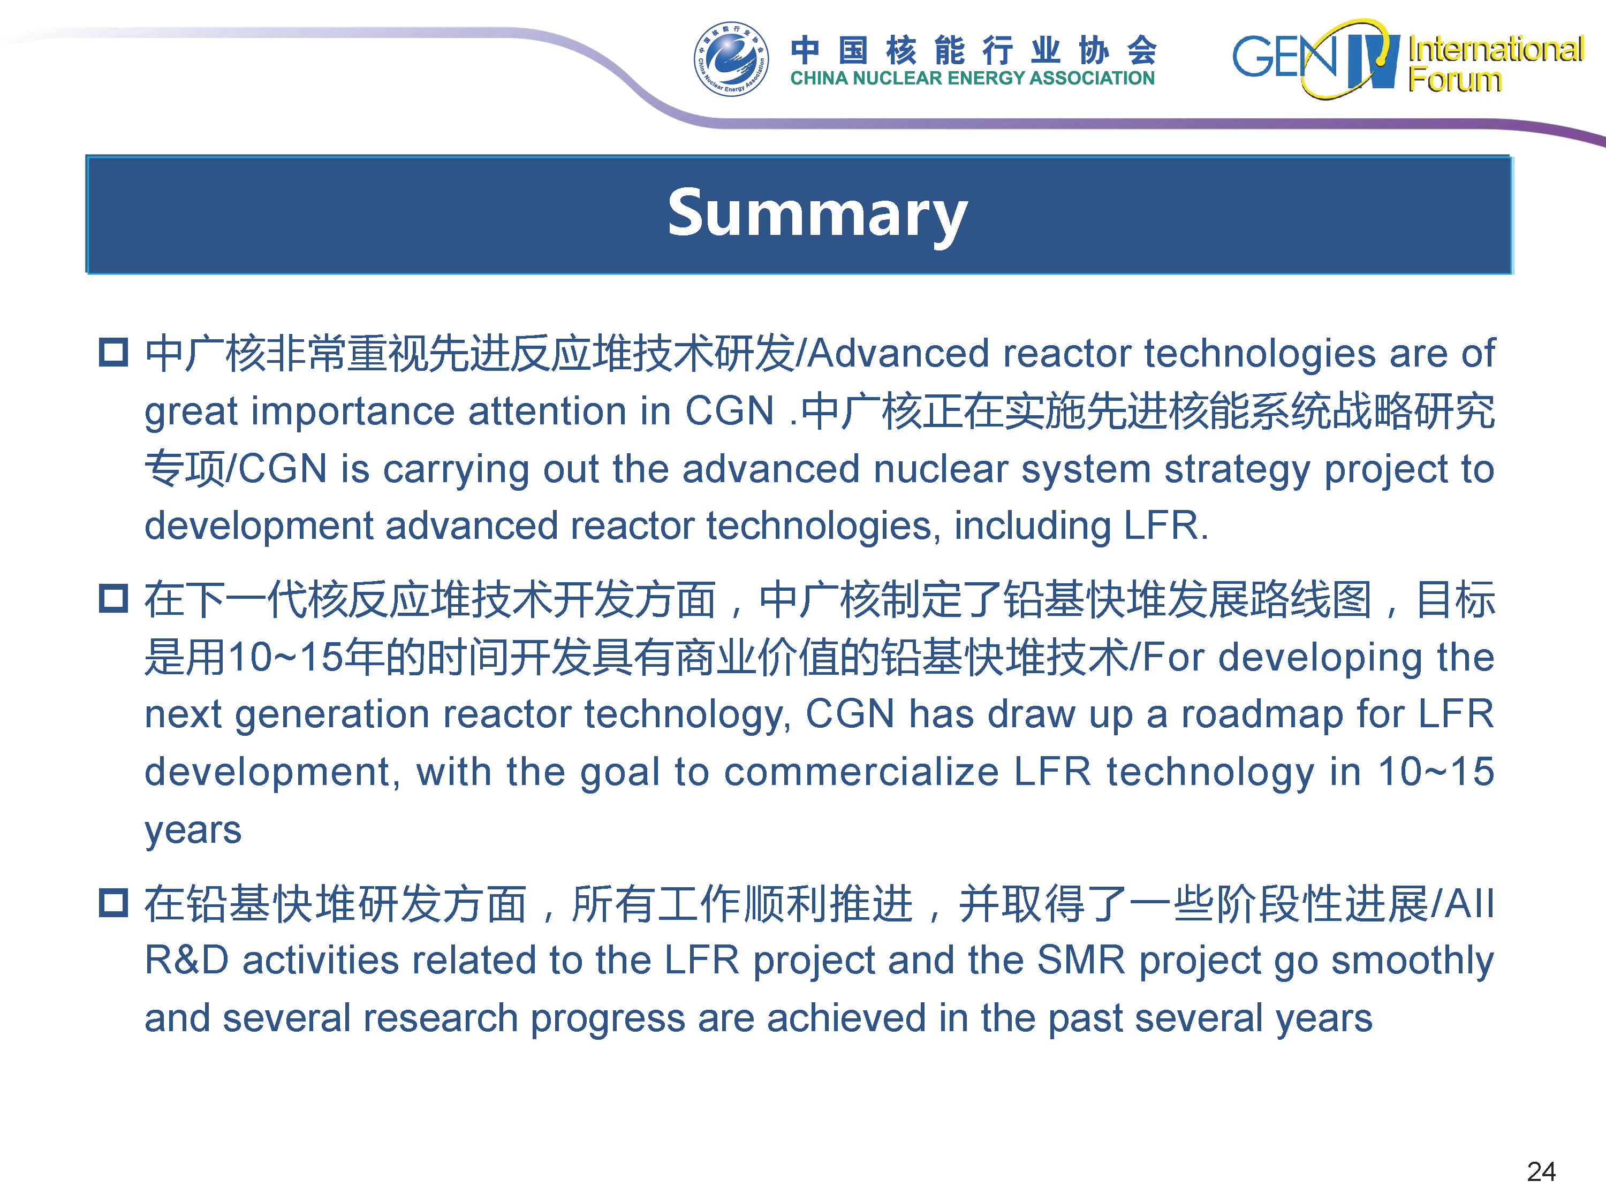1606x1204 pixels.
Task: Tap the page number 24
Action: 1541,1171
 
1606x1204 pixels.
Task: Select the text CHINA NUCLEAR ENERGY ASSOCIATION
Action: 972,78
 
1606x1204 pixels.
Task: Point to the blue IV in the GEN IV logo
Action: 1372,61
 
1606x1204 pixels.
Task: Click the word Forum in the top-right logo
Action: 1455,79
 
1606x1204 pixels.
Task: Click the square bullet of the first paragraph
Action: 113,353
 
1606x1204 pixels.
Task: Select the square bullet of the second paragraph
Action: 113,599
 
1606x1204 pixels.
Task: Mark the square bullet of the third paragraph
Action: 113,903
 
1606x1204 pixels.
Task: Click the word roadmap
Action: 1262,715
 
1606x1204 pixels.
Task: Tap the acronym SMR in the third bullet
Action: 1081,960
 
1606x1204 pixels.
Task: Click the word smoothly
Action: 1413,962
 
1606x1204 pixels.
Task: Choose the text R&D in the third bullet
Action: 187,960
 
